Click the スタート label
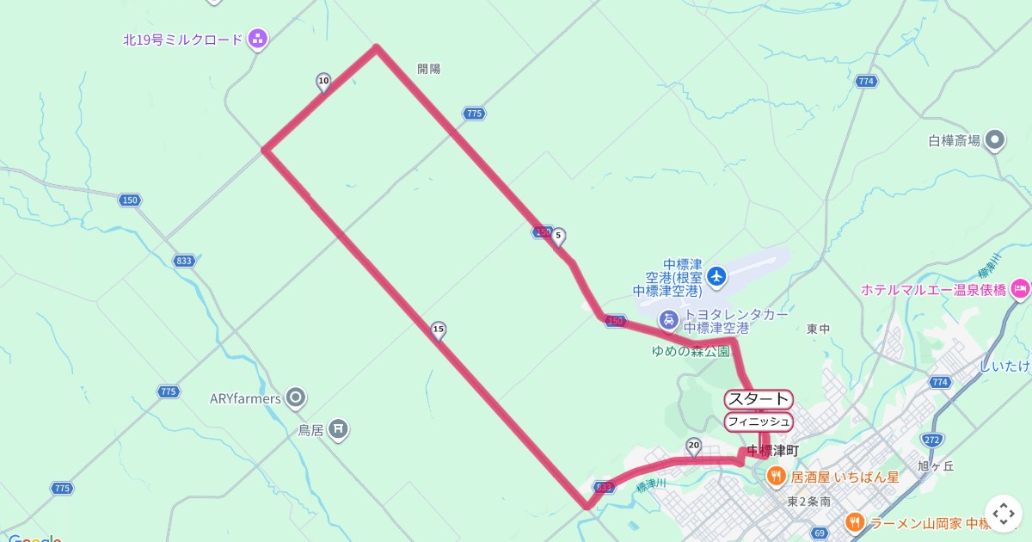tap(759, 399)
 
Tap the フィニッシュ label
tap(759, 422)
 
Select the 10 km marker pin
tap(323, 83)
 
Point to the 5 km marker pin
tap(558, 236)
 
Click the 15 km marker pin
tap(439, 330)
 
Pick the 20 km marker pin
tap(694, 445)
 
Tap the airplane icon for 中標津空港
tap(716, 276)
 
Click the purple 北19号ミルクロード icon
tap(257, 39)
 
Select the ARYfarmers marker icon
tap(297, 397)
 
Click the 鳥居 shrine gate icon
tap(339, 428)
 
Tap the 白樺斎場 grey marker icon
tap(995, 139)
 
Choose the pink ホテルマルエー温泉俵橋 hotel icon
tap(1020, 288)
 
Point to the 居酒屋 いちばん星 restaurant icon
tap(775, 476)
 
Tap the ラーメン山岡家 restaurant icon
tap(854, 521)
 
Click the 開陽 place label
tap(428, 69)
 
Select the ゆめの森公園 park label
tap(691, 350)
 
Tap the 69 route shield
tap(819, 533)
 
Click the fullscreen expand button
tap(1003, 514)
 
